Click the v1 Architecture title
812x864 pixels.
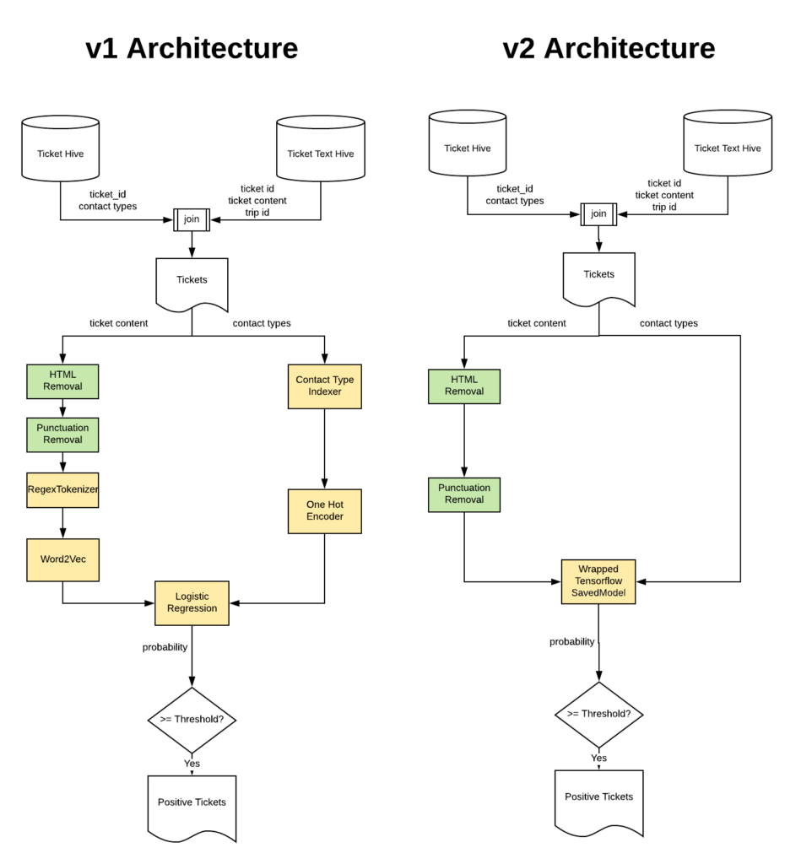click(x=192, y=48)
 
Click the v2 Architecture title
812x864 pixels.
click(x=609, y=48)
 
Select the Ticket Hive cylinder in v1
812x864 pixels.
click(x=61, y=153)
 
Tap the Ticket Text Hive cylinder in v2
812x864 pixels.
click(x=727, y=147)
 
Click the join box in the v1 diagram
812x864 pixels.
click(x=192, y=219)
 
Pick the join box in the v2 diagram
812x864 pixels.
click(x=598, y=213)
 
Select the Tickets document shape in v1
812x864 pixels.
click(x=192, y=282)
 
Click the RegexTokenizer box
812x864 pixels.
click(x=62, y=489)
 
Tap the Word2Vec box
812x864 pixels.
click(x=62, y=559)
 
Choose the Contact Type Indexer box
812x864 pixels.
click(x=324, y=386)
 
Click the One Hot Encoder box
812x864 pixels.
click(x=324, y=510)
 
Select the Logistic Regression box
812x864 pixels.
click(x=192, y=602)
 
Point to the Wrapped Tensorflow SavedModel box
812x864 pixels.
click(x=598, y=581)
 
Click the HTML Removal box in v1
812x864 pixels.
click(x=62, y=381)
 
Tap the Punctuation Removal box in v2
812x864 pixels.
click(x=463, y=494)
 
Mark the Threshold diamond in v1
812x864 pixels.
click(x=192, y=720)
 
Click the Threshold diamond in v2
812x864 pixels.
click(x=598, y=714)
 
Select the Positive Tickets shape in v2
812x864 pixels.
click(x=598, y=798)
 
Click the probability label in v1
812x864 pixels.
click(x=165, y=647)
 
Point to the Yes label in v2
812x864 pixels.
click(x=598, y=758)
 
